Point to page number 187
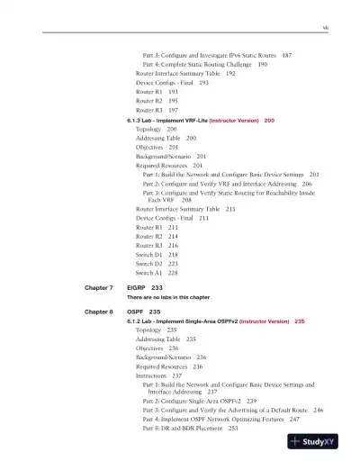(x=286, y=56)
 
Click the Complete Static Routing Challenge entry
(x=208, y=65)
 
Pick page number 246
(x=318, y=409)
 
